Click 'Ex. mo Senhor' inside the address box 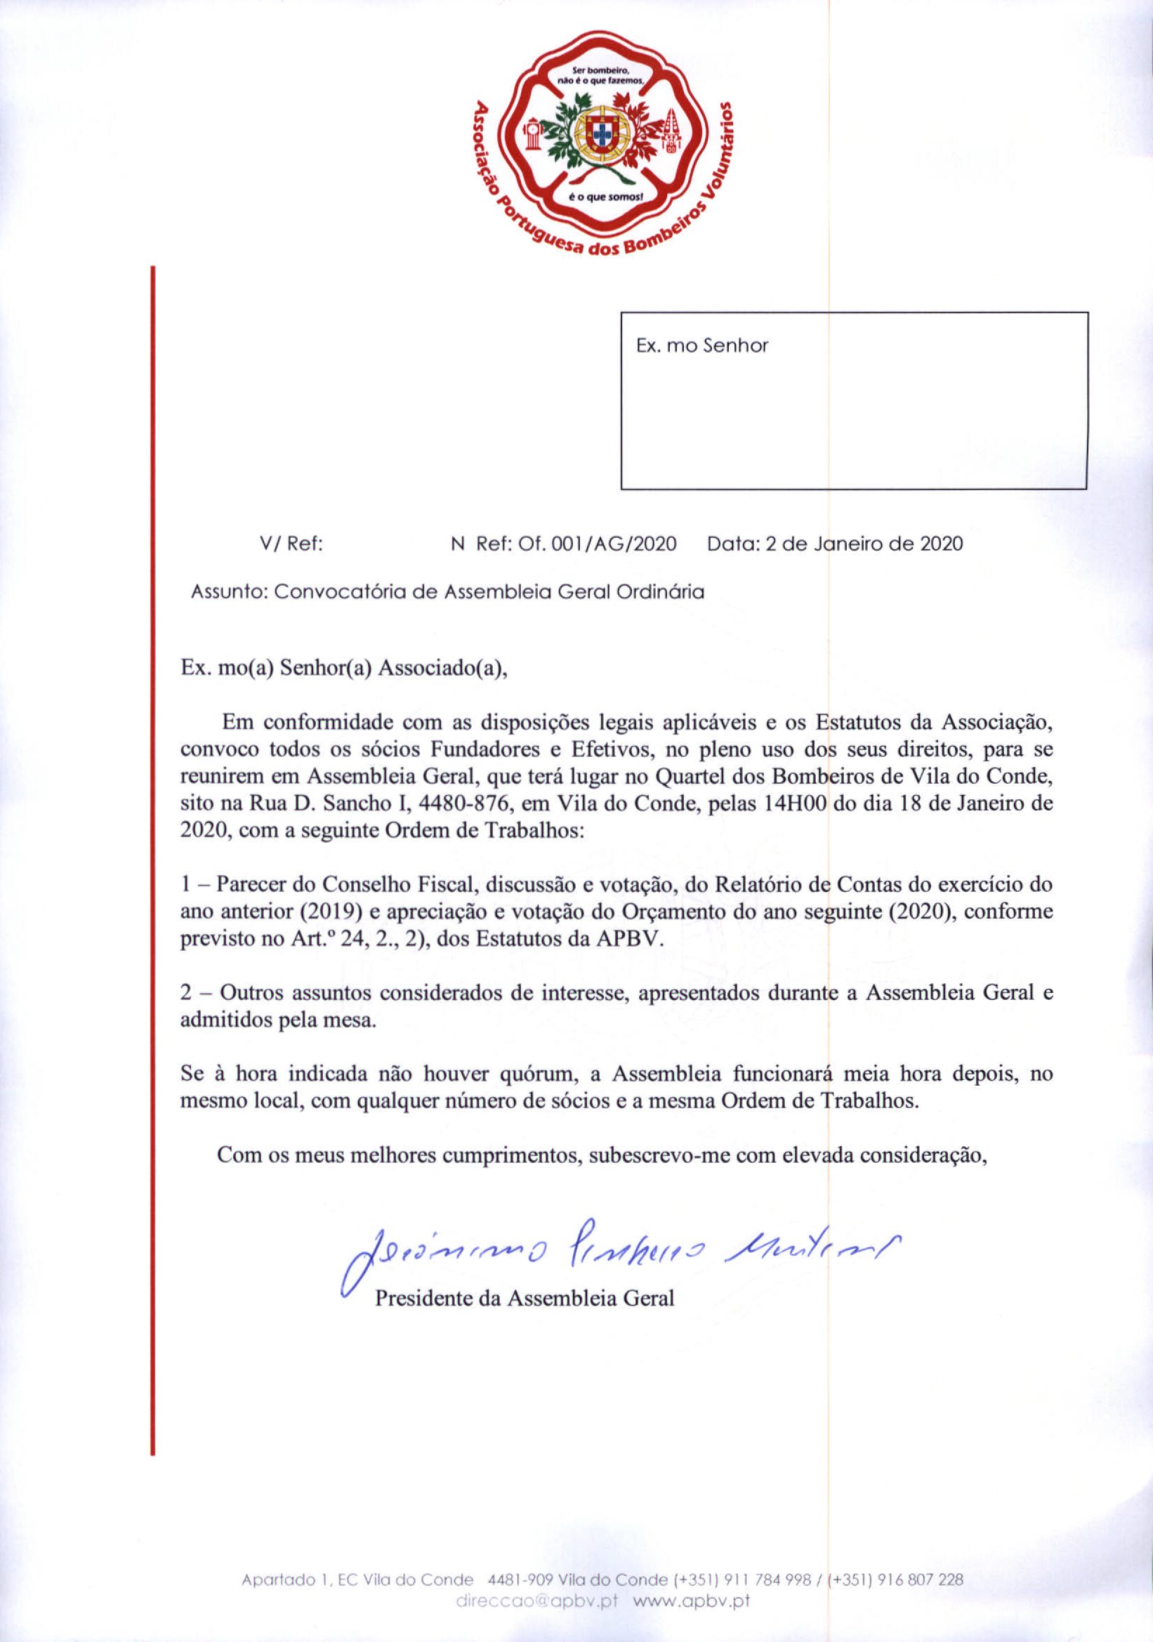pyautogui.click(x=702, y=347)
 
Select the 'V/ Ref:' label pyautogui.click(x=293, y=544)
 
